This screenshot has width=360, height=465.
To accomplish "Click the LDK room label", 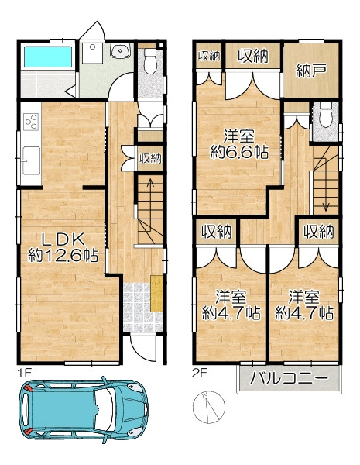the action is [63, 239].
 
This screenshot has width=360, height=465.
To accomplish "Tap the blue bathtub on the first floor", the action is [48, 57].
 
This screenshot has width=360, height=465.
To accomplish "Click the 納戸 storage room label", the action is [311, 71].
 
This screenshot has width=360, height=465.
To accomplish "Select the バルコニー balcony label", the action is [290, 378].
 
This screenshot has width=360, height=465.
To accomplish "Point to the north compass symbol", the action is [208, 407].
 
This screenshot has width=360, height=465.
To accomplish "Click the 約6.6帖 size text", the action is [239, 153].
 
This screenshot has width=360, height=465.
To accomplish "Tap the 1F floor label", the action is [24, 373].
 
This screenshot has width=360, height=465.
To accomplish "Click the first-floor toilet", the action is [150, 61].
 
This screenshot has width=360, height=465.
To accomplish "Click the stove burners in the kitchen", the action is [31, 122].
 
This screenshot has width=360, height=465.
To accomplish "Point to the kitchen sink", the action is [31, 160].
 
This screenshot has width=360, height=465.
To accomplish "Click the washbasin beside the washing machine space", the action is [120, 50].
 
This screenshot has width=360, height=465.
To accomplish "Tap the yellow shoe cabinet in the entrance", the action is [156, 293].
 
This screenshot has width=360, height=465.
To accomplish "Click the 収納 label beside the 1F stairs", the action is [150, 159].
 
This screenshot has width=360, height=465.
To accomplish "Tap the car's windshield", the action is [105, 409].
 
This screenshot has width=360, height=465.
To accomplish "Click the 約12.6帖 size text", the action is [63, 255].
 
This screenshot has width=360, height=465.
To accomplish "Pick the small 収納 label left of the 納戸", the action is [209, 56].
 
